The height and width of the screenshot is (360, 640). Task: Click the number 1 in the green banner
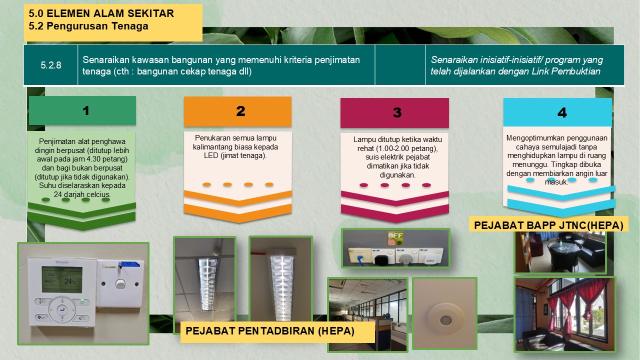85,110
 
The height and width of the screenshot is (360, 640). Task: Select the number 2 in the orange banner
240,111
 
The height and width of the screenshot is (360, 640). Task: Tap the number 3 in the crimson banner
397,112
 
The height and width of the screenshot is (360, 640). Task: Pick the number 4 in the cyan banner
562,112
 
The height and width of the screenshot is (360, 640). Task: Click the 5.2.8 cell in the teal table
51,65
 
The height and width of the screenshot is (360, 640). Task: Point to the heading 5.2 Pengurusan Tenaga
88,26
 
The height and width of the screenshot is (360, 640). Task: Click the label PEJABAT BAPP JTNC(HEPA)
548,225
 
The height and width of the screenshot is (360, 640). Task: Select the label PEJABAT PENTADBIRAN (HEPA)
270,331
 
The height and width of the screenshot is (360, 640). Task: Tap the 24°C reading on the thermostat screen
70,281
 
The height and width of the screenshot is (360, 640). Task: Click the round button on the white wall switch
120,283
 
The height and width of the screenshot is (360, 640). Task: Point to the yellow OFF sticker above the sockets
395,238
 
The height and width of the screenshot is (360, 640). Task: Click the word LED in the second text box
211,155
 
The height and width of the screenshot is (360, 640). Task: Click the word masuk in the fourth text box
556,182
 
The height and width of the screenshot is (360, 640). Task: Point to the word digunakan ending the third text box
397,175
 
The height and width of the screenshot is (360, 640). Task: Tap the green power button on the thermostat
82,301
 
